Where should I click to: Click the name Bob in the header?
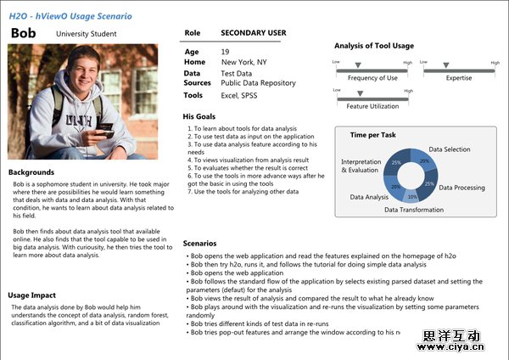[25, 32]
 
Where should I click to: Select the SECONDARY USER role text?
[253, 32]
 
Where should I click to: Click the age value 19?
[226, 52]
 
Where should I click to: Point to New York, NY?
[243, 62]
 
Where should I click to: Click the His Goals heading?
[199, 116]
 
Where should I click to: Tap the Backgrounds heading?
[31, 172]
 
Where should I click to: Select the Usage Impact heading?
[32, 295]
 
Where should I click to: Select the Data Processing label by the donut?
[461, 187]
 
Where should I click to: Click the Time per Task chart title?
[372, 134]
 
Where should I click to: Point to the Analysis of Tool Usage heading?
[374, 45]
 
